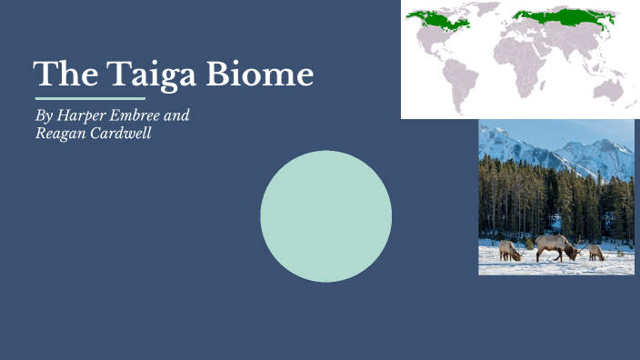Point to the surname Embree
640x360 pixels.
click(x=135, y=116)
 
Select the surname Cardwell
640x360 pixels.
click(x=119, y=134)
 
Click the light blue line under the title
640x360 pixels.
click(x=90, y=98)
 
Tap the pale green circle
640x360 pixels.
click(x=325, y=216)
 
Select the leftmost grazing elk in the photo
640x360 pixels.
click(x=509, y=251)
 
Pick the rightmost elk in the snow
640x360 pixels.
click(x=596, y=252)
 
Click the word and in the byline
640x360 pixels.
click(x=178, y=116)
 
